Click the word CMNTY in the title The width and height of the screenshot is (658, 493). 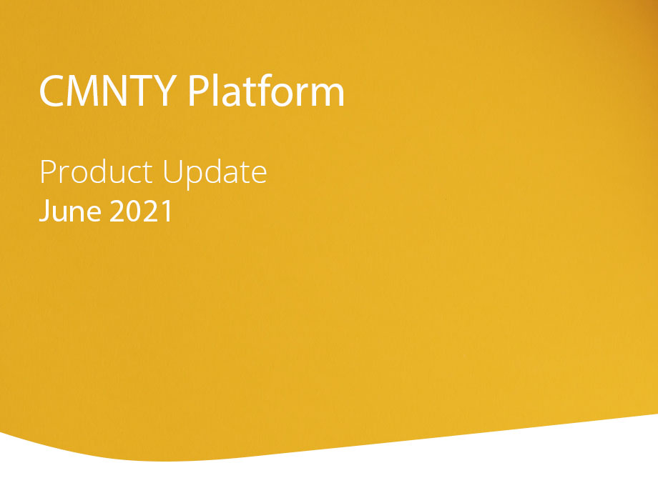click(108, 91)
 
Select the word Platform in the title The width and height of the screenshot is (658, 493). click(266, 90)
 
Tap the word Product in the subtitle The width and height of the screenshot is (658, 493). click(96, 172)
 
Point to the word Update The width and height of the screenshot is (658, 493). click(215, 174)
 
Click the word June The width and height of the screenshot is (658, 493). click(70, 210)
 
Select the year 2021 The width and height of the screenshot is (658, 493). click(141, 211)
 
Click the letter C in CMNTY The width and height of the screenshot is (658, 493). click(51, 91)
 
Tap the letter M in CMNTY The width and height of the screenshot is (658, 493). click(83, 91)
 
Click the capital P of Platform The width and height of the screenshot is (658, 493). click(197, 91)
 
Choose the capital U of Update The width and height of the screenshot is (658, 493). click(172, 172)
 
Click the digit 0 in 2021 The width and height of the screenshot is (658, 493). click(134, 211)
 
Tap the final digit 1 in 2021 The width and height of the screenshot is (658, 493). click(167, 211)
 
